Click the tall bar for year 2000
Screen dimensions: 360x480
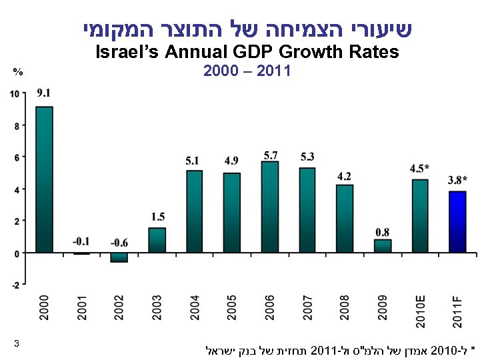coord(44,179)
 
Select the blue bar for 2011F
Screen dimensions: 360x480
coord(457,222)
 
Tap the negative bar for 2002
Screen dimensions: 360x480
coord(119,257)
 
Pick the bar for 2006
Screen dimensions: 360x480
coord(270,207)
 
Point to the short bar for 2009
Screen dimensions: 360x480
coord(383,246)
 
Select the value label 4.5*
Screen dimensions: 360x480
coord(419,168)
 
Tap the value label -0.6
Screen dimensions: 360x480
coord(120,242)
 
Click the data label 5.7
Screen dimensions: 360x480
coord(270,155)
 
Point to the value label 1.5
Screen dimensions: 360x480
coord(157,217)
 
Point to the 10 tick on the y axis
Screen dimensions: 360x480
coord(14,93)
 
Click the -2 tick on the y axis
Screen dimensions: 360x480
coord(15,285)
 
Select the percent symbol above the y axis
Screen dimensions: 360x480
coord(18,71)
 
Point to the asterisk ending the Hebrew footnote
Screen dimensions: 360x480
coord(473,349)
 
